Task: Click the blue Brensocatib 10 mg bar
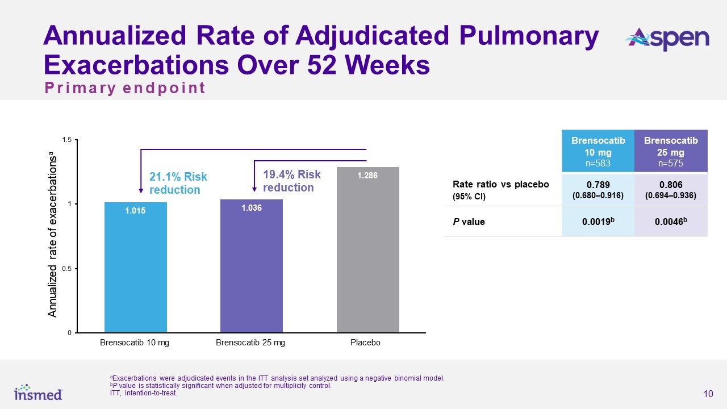coord(136,267)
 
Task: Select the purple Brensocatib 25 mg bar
coord(251,267)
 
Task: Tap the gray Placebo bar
coord(367,250)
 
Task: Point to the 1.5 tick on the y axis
coord(68,140)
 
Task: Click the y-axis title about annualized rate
coord(52,234)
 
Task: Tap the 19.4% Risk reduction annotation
coord(292,181)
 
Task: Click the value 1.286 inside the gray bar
coord(367,176)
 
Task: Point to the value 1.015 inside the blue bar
coord(136,211)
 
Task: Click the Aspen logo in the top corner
coord(667,39)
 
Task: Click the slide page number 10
coord(708,394)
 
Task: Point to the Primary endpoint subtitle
coord(125,89)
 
